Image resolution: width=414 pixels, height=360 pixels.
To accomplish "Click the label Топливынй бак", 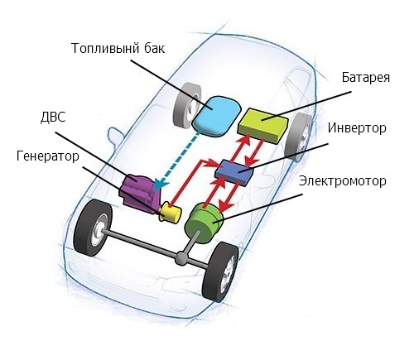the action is coord(118,48).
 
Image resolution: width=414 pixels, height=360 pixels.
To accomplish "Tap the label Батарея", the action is coord(366,78).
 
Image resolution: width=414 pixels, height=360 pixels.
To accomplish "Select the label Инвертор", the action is coord(357,128).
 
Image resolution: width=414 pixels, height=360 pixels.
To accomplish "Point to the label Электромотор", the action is coord(343,181).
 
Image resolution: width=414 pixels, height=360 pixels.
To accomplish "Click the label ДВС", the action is coord(53,117).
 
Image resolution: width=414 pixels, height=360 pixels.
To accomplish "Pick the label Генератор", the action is coord(48,156).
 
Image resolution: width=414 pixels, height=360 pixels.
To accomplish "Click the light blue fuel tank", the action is coord(216,116).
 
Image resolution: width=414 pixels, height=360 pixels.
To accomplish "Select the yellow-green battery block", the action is coord(262,125).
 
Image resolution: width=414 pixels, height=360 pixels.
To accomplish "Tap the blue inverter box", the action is coord(234,172).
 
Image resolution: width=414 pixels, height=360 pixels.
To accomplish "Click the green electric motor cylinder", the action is coord(204,222).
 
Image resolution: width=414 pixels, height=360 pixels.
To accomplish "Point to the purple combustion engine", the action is coord(140,194).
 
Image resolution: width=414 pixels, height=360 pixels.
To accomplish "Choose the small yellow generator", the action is coord(170,213).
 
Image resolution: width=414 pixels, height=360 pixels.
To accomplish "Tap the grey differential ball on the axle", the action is coord(181,258).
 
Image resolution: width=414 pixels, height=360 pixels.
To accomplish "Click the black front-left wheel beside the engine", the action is coord(93,228).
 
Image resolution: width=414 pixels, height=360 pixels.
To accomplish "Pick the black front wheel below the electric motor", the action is coord(220,271).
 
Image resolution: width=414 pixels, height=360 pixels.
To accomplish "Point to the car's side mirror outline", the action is coord(115,137).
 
